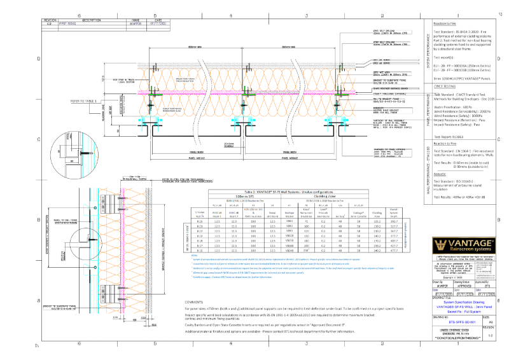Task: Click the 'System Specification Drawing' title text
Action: click(463, 301)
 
